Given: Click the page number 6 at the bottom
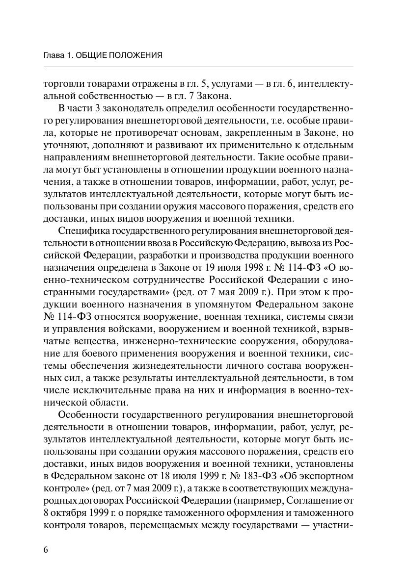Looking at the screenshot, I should (x=46, y=550).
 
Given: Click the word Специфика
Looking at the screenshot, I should (x=82, y=231).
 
